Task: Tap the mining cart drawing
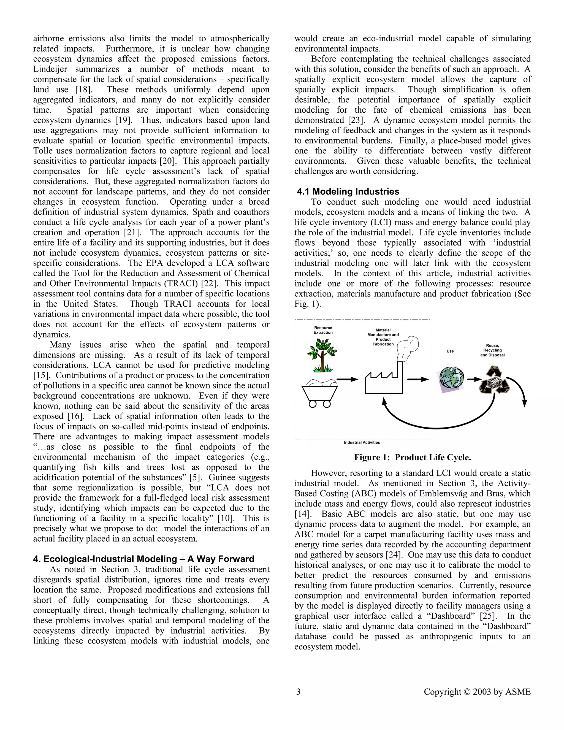319,393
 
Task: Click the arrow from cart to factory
347,379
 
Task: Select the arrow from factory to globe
418,379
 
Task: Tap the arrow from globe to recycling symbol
474,379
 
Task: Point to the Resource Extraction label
323,330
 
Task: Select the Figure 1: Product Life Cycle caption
412,458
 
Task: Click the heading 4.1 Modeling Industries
348,191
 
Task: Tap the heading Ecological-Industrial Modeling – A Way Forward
144,559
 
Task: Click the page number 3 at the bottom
298,692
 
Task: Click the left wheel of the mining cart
313,404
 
